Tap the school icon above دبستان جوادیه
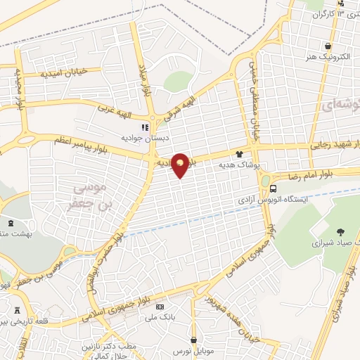pos(144,128)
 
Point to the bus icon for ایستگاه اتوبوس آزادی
pos(273,188)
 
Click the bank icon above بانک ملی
pos(160,307)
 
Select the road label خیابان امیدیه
pos(62,72)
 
